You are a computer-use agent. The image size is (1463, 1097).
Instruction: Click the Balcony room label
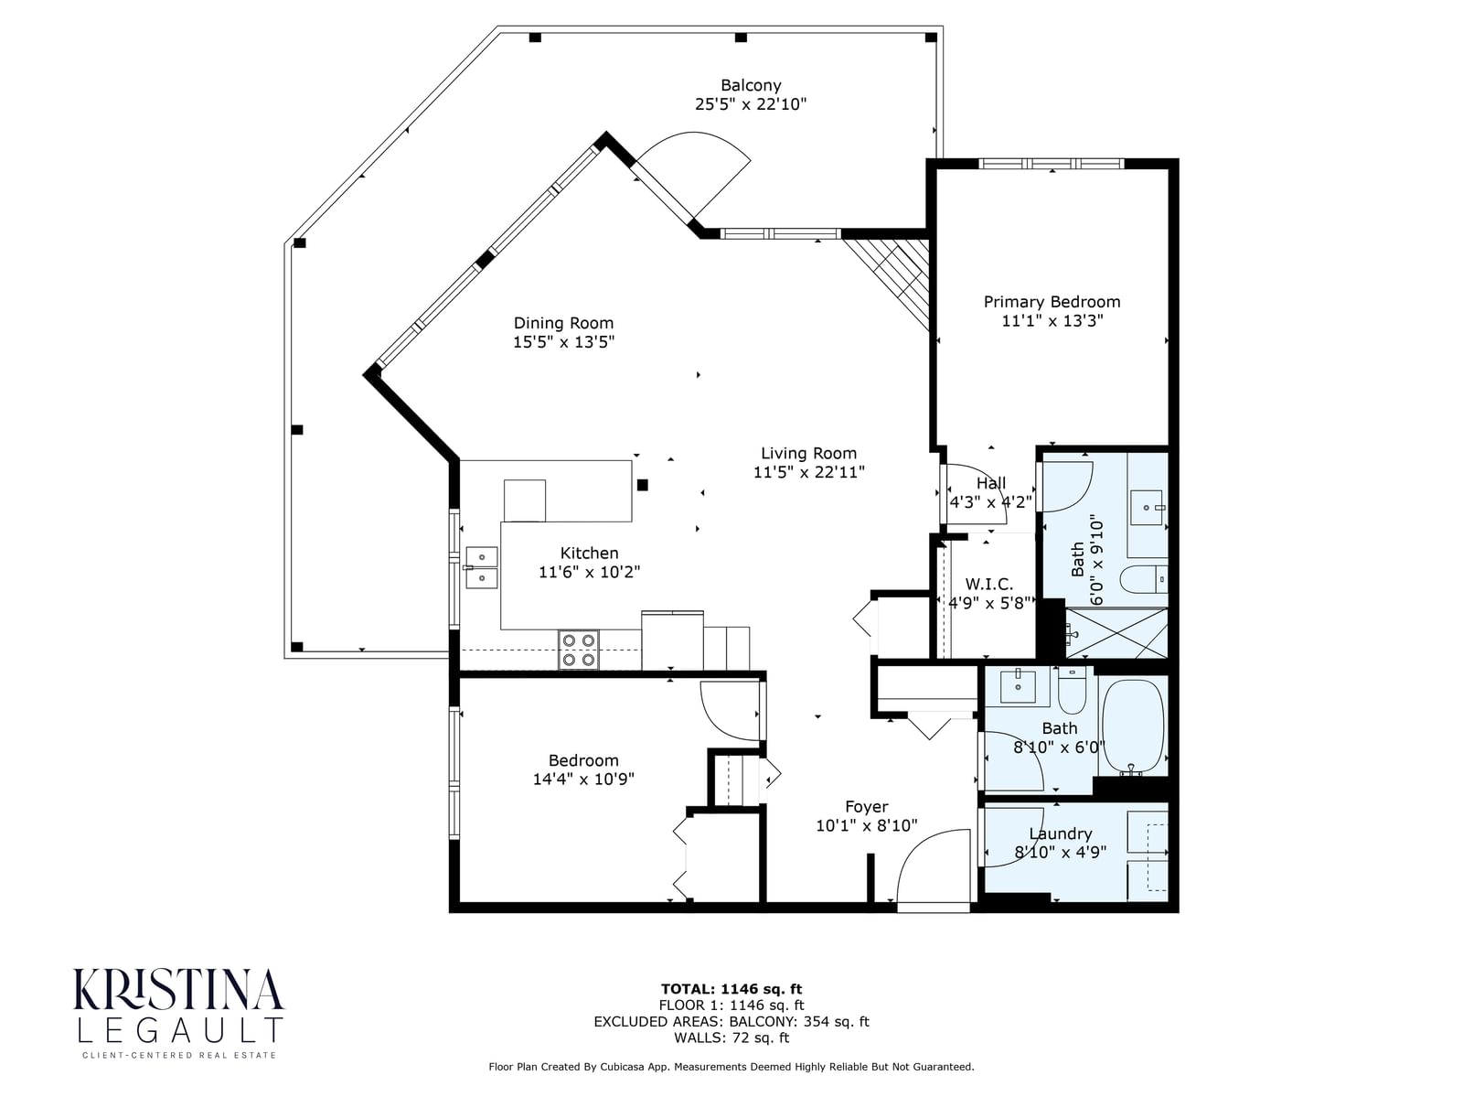(x=751, y=85)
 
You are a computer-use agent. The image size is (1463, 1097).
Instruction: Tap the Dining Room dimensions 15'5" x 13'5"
(x=563, y=342)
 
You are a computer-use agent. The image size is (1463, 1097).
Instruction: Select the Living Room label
(x=808, y=454)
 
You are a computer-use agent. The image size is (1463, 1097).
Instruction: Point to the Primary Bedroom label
(x=1052, y=302)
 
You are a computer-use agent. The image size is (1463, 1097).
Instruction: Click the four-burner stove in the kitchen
(x=579, y=650)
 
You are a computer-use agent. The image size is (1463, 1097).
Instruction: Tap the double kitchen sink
(x=481, y=567)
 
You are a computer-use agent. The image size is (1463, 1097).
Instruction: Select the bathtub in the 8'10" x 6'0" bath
(x=1133, y=727)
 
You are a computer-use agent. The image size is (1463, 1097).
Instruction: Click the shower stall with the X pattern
(x=1116, y=633)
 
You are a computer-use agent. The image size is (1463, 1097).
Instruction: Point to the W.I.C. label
(x=989, y=584)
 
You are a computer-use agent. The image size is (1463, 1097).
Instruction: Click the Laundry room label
(x=1061, y=834)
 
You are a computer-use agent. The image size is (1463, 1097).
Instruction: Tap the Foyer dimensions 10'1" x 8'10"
(x=867, y=825)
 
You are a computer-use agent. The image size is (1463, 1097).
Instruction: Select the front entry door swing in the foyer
(x=934, y=867)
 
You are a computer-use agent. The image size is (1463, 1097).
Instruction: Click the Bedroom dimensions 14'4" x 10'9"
(x=583, y=779)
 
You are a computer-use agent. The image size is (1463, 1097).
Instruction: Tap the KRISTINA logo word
(x=178, y=989)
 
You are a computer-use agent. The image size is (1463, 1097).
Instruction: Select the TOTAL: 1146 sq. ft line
(x=731, y=989)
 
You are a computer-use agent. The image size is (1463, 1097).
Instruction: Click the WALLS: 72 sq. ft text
(x=731, y=1038)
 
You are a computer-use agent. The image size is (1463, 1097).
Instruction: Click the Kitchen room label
(x=589, y=553)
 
